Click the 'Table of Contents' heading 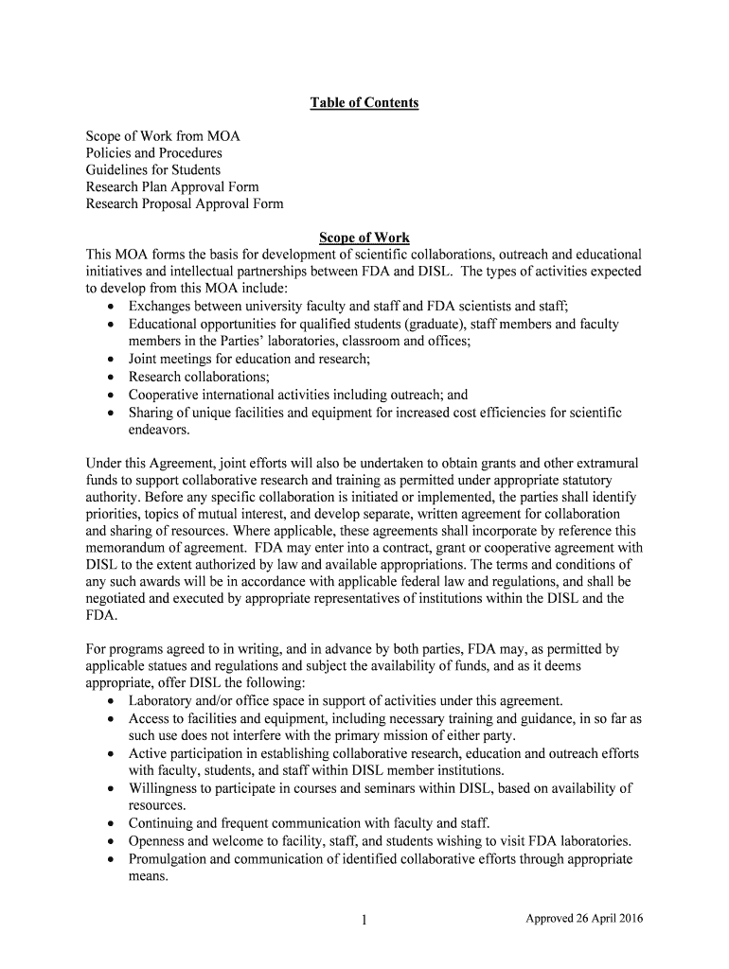coord(364,102)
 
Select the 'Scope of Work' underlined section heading coord(364,238)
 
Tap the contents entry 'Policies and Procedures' coord(154,153)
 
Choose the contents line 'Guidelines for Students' coord(153,170)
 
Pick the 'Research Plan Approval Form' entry coord(172,187)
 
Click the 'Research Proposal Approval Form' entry coord(185,204)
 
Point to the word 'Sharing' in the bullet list coord(151,413)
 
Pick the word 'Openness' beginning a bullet coord(157,841)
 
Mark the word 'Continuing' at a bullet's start coord(162,823)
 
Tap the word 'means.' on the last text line coord(149,877)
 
